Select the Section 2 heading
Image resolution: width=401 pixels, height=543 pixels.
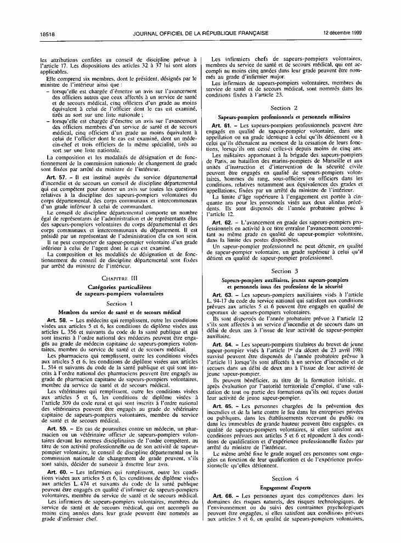[284, 108]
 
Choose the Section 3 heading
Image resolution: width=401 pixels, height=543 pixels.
[284, 271]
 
